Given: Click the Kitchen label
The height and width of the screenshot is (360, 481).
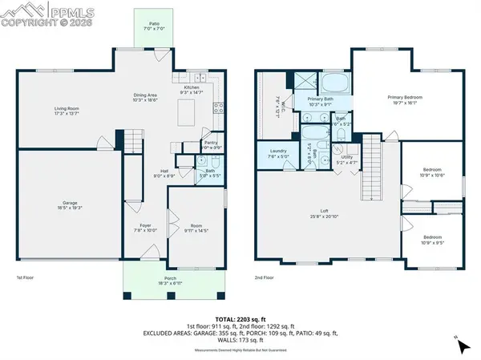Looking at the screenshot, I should point(192,89).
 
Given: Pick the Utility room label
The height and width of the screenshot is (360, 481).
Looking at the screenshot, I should point(347,160).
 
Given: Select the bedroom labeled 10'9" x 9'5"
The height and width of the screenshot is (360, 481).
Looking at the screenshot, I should point(432,240).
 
